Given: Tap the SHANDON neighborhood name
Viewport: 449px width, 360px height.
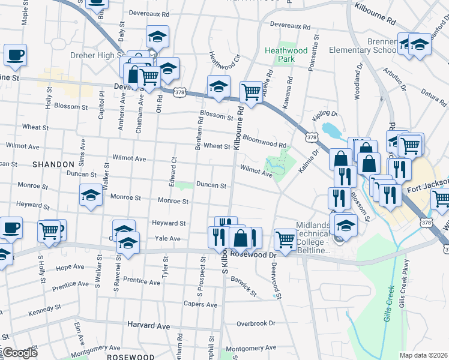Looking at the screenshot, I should pyautogui.click(x=53, y=164).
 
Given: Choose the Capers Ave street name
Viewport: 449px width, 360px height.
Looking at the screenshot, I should pyautogui.click(x=203, y=304).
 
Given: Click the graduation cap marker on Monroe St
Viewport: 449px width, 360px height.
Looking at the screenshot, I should pyautogui.click(x=91, y=195).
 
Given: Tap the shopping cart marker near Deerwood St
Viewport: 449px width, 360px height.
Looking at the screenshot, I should pyautogui.click(x=286, y=239).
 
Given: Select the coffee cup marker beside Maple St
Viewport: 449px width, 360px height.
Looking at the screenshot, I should pyautogui.click(x=15, y=55).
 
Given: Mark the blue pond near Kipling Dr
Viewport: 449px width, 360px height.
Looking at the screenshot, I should pyautogui.click(x=330, y=130).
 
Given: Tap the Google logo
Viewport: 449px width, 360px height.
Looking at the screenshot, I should pyautogui.click(x=20, y=353).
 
